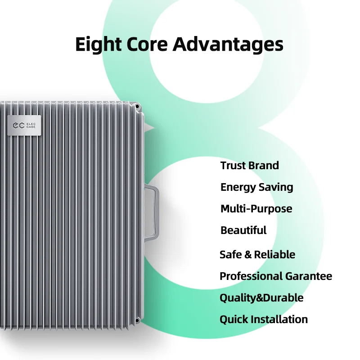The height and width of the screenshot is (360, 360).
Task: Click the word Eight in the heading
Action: pyautogui.click(x=99, y=45)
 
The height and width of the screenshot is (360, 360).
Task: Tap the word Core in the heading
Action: pyautogui.click(x=147, y=44)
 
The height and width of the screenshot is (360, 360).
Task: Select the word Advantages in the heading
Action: pyautogui.click(x=228, y=45)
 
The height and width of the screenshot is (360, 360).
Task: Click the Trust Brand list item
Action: pyautogui.click(x=250, y=166)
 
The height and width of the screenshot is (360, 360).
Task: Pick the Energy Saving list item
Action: pyautogui.click(x=256, y=187)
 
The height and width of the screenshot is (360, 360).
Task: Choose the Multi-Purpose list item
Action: pyautogui.click(x=256, y=209)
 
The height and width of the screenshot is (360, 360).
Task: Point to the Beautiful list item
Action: pyautogui.click(x=243, y=230)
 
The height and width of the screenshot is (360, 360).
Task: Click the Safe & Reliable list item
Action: pyautogui.click(x=257, y=255)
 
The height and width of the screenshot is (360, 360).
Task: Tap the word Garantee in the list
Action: pyautogui.click(x=309, y=276)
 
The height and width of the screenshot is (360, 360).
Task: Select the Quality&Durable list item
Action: pyautogui.click(x=261, y=298)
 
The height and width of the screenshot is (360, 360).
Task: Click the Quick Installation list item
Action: pyautogui.click(x=264, y=319)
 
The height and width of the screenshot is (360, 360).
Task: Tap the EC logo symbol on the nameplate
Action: pyautogui.click(x=18, y=126)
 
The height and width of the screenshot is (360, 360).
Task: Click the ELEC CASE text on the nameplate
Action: pyautogui.click(x=31, y=126)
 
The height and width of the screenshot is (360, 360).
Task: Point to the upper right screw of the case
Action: pyautogui.click(x=137, y=107)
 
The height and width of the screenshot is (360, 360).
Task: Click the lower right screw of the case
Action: pyautogui.click(x=137, y=320)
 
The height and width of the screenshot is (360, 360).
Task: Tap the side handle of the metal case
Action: pyautogui.click(x=154, y=212)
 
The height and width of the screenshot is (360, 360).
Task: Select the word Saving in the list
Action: pyautogui.click(x=276, y=187)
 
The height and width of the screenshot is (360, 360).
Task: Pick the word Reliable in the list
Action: pyautogui.click(x=274, y=255)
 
